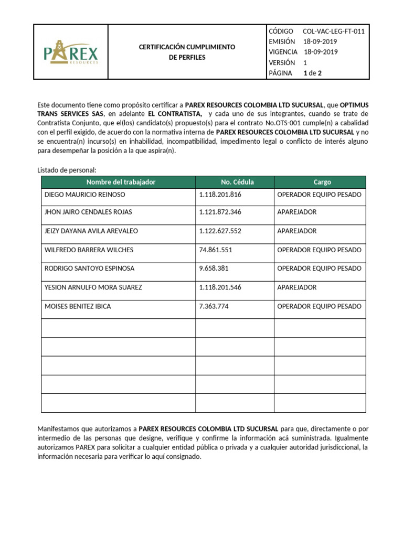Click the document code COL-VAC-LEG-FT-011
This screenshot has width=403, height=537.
tap(333, 31)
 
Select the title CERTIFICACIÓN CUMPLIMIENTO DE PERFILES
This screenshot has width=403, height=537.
tap(187, 52)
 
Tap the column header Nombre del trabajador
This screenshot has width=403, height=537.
tap(118, 182)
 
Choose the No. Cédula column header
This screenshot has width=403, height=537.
tap(235, 182)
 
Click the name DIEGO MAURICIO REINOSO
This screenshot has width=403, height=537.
tap(84, 194)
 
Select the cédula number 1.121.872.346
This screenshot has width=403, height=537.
tap(220, 212)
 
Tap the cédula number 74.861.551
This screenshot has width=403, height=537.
tap(216, 250)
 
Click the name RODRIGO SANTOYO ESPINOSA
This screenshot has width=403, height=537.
tap(89, 268)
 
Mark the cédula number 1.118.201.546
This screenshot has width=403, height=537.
tap(220, 287)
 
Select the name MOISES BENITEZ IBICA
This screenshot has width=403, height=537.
tap(78, 306)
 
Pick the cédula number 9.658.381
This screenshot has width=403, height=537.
tap(214, 268)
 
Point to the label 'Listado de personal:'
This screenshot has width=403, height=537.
tap(67, 170)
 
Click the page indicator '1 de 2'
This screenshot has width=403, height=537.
tap(312, 73)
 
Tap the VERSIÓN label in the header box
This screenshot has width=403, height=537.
tap(282, 62)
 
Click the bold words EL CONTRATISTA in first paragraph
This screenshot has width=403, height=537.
tap(175, 114)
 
